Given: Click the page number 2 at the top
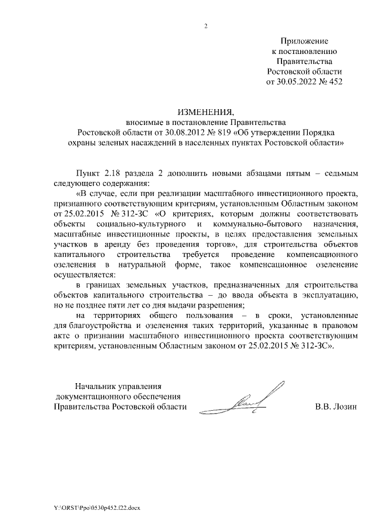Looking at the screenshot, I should pos(206,25).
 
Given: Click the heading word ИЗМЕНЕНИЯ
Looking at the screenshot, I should pos(206,112).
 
